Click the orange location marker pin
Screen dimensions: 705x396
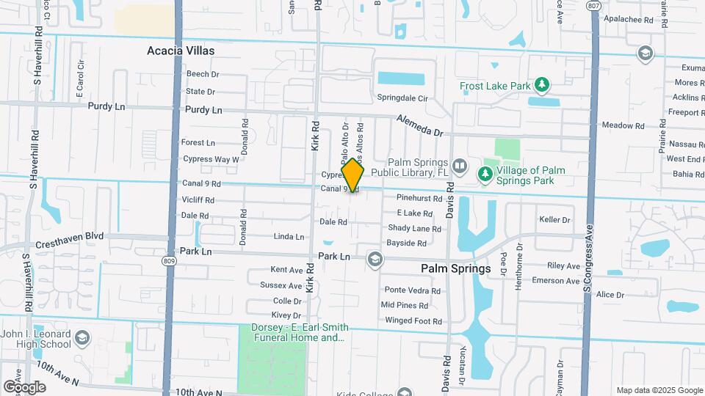pos(352,175)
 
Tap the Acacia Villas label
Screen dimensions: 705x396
pos(181,51)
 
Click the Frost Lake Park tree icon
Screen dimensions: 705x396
pos(542,85)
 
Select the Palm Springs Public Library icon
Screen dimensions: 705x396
pos(460,166)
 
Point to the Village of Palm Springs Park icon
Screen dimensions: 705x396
pos(484,174)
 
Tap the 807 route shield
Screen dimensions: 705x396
pos(592,5)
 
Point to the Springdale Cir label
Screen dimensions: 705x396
pos(402,98)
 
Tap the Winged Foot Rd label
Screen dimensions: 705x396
pos(413,320)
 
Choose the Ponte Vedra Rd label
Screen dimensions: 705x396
pos(412,290)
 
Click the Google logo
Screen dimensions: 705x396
pos(24,386)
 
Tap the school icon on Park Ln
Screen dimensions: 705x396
pos(375,258)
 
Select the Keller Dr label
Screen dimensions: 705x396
pos(554,219)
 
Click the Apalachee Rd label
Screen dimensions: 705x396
pos(628,21)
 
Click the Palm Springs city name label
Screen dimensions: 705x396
pos(456,268)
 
